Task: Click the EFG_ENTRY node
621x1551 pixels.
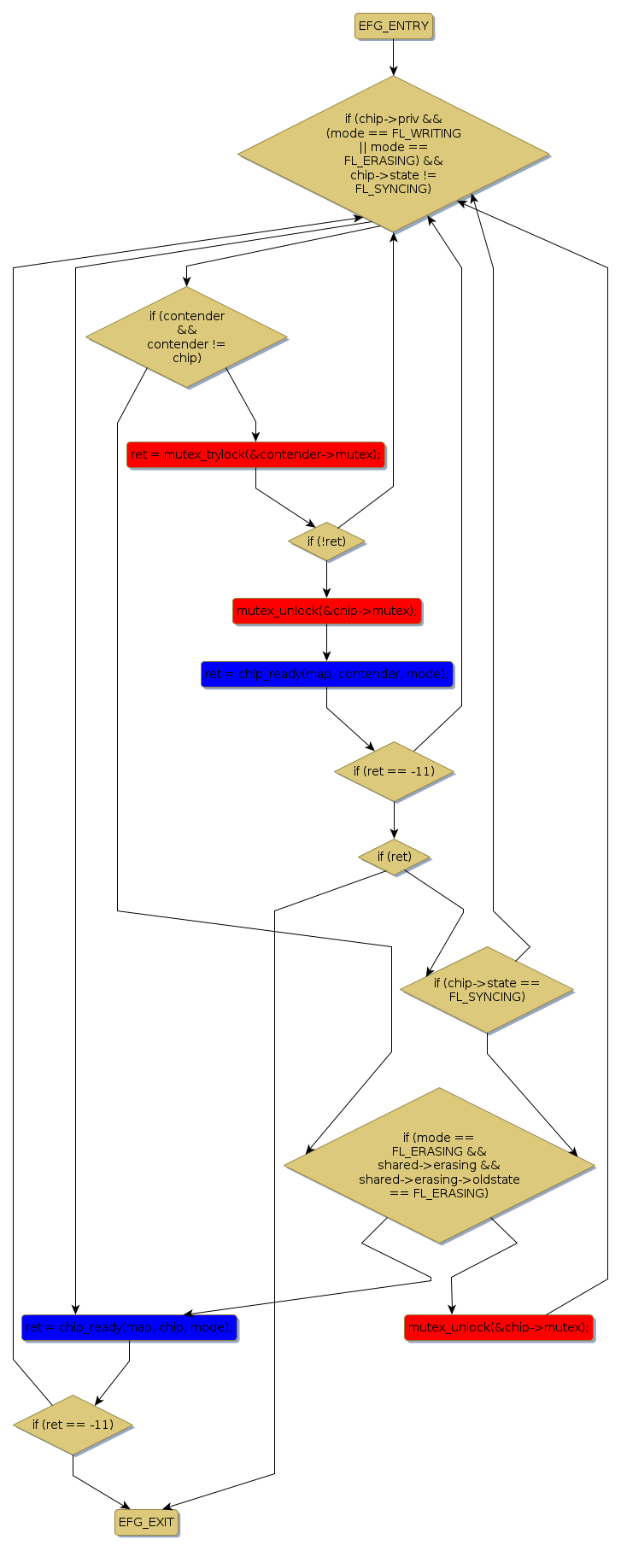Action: click(x=393, y=26)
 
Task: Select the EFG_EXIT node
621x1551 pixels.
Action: click(x=146, y=1522)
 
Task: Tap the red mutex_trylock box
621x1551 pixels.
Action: click(x=255, y=454)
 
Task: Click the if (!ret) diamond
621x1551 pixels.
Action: click(x=326, y=541)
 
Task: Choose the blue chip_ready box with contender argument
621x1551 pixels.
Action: click(x=326, y=674)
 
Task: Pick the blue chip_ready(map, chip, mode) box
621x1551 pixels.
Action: click(x=129, y=1327)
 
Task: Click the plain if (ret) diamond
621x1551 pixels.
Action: click(x=394, y=856)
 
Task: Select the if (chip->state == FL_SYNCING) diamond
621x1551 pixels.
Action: click(x=486, y=989)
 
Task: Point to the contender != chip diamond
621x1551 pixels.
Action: click(x=186, y=337)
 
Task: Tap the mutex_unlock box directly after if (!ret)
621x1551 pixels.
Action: click(x=326, y=611)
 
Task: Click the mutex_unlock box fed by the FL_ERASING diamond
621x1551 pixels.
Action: click(x=498, y=1327)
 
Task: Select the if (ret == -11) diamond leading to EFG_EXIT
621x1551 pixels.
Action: click(x=73, y=1425)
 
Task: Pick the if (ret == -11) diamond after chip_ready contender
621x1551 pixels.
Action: click(x=394, y=771)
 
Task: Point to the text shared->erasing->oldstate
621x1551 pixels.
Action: click(x=439, y=1179)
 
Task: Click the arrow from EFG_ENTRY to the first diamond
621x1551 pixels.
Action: click(x=393, y=57)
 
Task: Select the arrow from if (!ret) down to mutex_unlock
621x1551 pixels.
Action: click(x=326, y=579)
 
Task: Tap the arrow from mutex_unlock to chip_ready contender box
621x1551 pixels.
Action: click(x=326, y=642)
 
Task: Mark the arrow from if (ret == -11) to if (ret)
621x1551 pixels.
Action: click(x=394, y=820)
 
